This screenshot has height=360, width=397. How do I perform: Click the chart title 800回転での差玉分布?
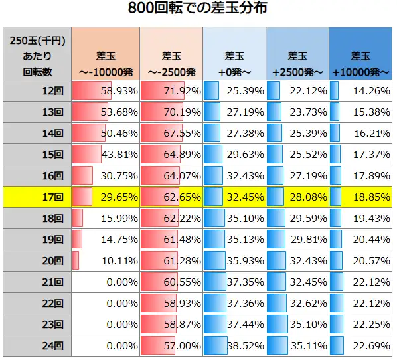198,10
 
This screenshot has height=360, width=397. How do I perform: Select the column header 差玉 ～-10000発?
105,63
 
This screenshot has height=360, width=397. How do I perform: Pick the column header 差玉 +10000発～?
360,63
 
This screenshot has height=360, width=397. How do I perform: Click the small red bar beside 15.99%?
78,218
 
